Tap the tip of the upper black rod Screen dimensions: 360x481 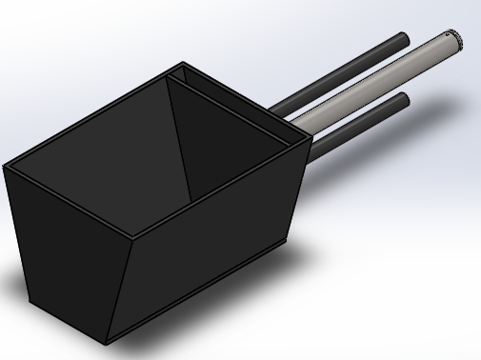click(x=403, y=40)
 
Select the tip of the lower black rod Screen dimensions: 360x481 click(x=403, y=99)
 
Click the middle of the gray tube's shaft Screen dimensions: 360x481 click(x=371, y=83)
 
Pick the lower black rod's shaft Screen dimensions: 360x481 click(x=357, y=123)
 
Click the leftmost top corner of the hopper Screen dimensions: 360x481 click(x=5, y=168)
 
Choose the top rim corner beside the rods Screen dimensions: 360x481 click(x=310, y=138)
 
